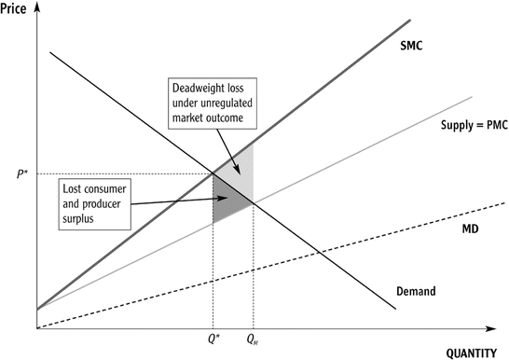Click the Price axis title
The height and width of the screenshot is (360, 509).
pos(16,7)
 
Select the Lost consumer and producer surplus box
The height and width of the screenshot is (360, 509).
pos(98,201)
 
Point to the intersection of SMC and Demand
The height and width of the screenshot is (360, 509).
pos(213,173)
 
